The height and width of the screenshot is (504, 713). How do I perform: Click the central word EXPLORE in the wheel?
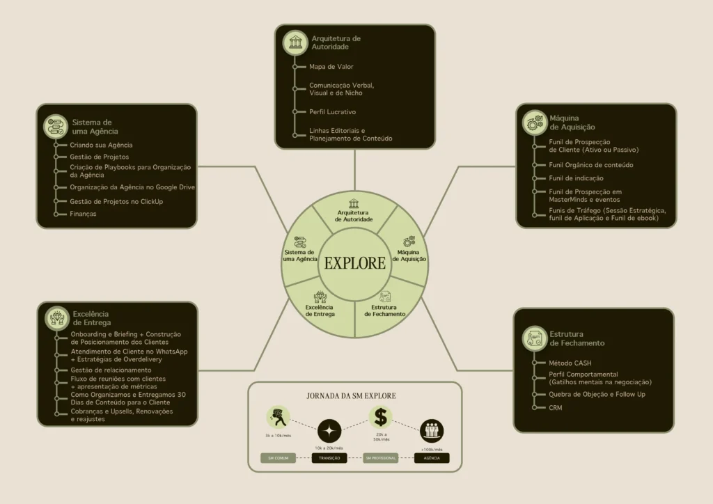click(354, 263)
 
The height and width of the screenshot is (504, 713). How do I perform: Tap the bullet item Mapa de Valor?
click(331, 67)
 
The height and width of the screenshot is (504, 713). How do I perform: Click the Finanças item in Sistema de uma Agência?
click(83, 214)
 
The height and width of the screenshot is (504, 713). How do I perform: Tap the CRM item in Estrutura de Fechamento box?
click(555, 407)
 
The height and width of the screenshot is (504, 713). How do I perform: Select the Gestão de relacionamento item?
click(111, 370)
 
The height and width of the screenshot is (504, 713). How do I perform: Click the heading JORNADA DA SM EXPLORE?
click(352, 395)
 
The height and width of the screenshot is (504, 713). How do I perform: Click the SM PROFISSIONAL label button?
click(380, 458)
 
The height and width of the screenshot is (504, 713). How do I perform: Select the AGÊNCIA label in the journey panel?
click(432, 458)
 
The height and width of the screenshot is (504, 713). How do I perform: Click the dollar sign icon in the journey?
click(380, 418)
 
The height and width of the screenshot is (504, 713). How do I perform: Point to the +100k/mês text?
click(431, 450)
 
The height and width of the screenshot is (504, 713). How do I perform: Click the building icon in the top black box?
click(295, 42)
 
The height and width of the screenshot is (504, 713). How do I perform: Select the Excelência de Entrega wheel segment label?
click(320, 310)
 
